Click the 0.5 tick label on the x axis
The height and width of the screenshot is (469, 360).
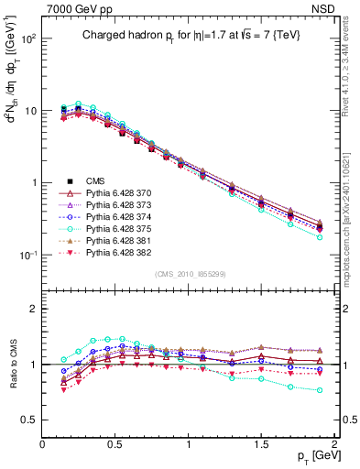(115, 443)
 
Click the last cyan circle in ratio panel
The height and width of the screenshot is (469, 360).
(320, 390)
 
